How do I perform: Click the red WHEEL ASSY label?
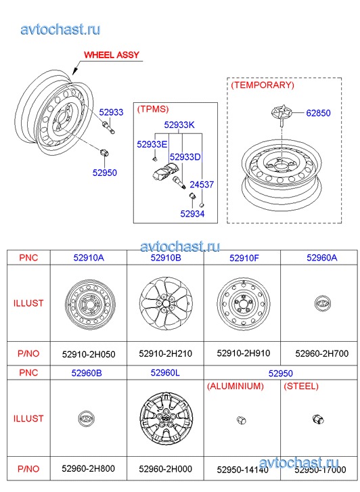(112, 55)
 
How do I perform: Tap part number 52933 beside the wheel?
(111, 112)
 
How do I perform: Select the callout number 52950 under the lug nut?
(104, 173)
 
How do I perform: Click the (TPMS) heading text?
(153, 109)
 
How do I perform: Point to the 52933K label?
(179, 125)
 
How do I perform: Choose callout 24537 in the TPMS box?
(202, 185)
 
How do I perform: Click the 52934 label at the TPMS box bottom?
(192, 214)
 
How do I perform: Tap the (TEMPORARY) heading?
(263, 85)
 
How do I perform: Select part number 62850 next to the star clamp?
(318, 113)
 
